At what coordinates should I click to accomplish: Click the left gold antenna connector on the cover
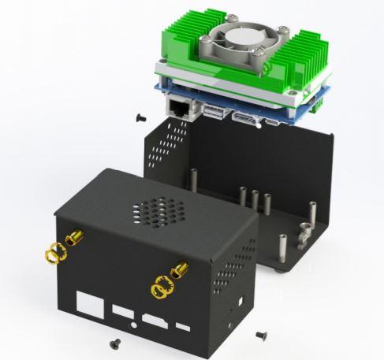74,237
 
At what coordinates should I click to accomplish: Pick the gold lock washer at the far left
52,253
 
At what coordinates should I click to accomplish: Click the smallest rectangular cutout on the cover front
183,327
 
